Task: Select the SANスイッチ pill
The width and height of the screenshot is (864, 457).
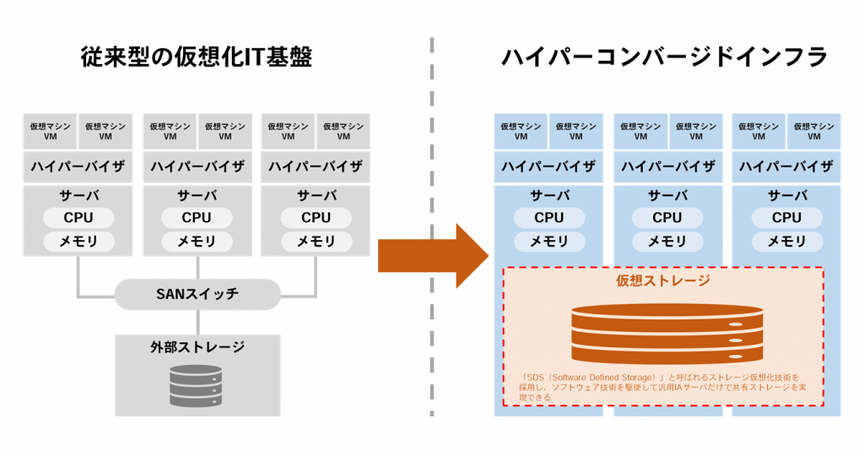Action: click(x=197, y=295)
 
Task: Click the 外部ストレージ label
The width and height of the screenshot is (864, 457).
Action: click(x=197, y=346)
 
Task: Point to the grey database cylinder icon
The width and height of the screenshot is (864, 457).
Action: click(x=197, y=385)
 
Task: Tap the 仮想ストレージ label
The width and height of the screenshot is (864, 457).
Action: click(x=663, y=280)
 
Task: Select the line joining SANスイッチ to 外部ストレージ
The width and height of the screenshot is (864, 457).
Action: click(x=197, y=322)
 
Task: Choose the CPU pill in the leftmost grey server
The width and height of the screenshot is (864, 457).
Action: click(x=78, y=218)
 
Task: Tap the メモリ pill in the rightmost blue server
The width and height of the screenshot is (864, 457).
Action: click(x=787, y=242)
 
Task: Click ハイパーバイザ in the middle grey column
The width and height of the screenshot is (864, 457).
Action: click(x=197, y=166)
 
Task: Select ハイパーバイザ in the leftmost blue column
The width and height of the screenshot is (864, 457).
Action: click(x=548, y=166)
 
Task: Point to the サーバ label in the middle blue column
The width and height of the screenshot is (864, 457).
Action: click(x=667, y=196)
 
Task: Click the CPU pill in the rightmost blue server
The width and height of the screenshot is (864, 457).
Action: click(x=787, y=218)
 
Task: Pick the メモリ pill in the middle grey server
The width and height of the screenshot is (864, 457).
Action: click(x=197, y=242)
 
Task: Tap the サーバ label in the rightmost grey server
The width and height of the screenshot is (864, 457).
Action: click(x=316, y=196)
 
